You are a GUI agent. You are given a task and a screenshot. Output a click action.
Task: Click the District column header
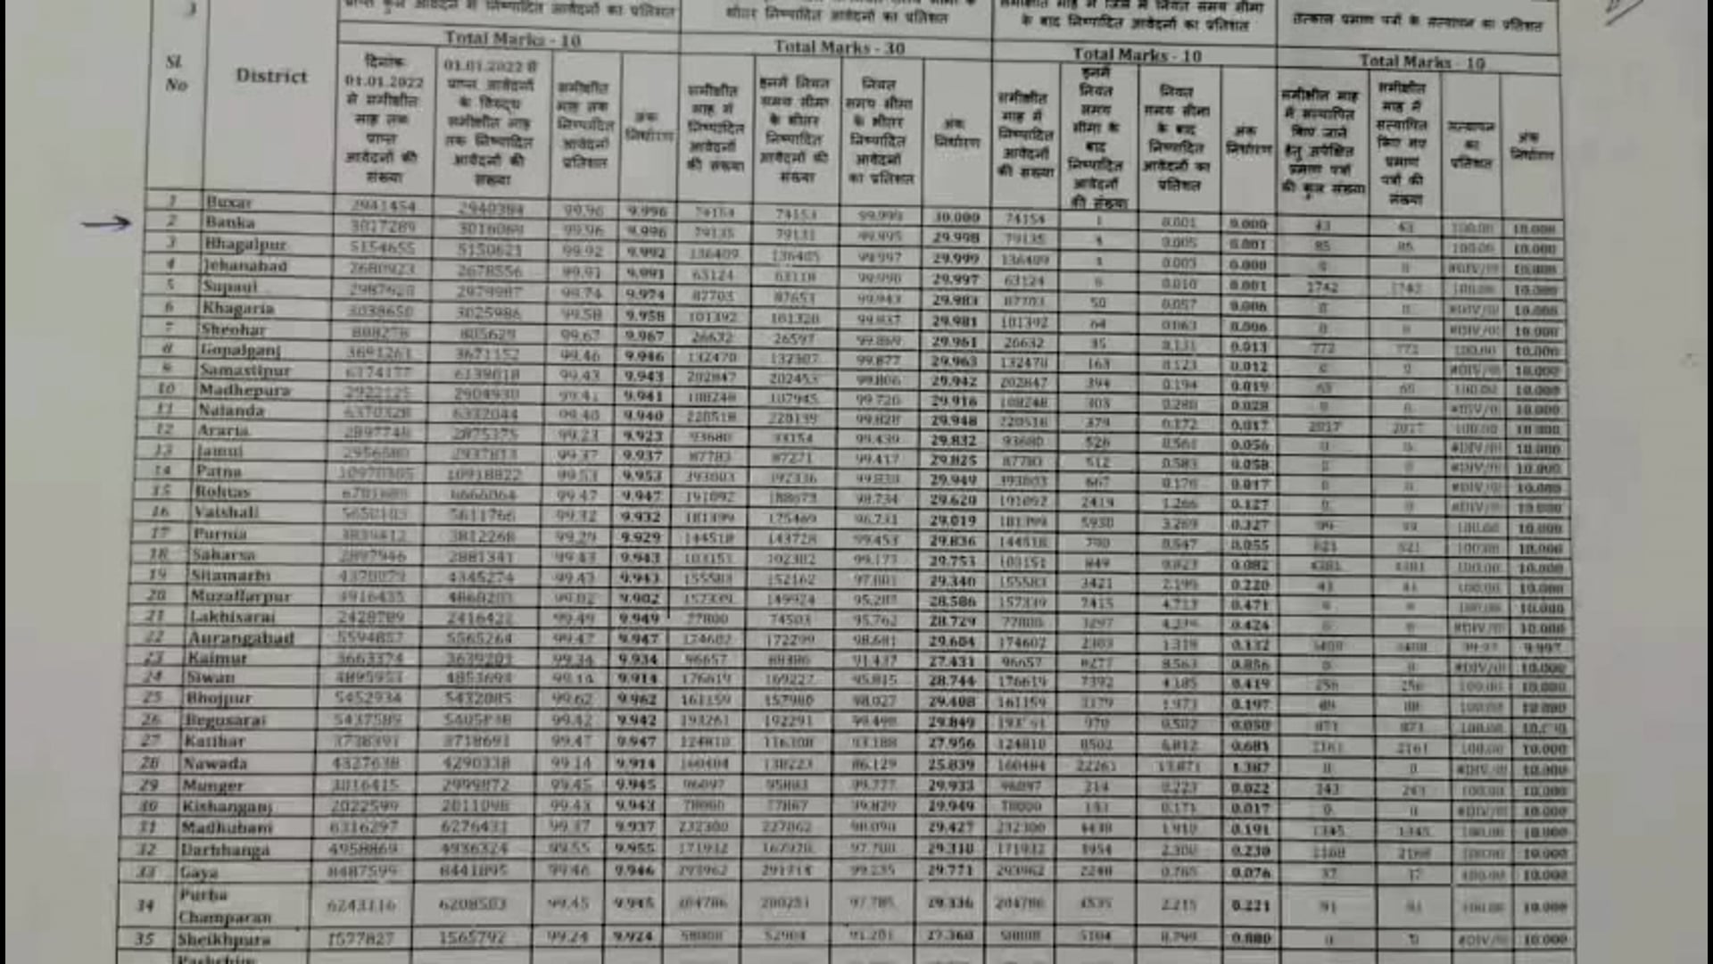tap(271, 76)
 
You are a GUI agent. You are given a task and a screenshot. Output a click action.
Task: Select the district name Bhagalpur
tap(245, 244)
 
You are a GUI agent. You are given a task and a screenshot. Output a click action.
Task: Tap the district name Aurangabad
tap(241, 638)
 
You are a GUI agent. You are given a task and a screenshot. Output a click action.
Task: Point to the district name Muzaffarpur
tap(241, 596)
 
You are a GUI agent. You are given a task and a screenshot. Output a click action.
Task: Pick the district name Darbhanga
tap(225, 850)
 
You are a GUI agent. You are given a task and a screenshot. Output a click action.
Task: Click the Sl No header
tap(176, 73)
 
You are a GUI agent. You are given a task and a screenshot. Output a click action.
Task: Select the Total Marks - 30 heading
tap(839, 47)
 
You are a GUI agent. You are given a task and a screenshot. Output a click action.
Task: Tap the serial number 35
tap(144, 939)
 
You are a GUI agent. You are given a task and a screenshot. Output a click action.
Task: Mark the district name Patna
tap(219, 470)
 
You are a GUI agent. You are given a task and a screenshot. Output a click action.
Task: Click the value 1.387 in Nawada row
tap(1249, 768)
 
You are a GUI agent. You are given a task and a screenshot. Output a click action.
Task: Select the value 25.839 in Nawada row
tap(952, 765)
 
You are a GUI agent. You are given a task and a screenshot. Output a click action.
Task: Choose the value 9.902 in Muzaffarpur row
tap(640, 599)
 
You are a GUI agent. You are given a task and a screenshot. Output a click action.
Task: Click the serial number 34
tap(145, 905)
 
